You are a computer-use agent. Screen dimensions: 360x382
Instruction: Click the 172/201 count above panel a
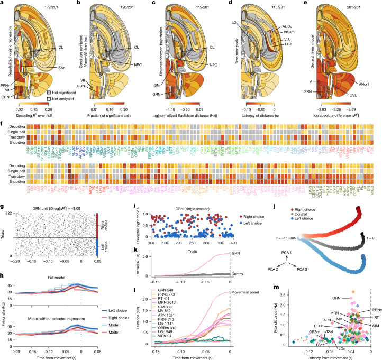tap(44, 5)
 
